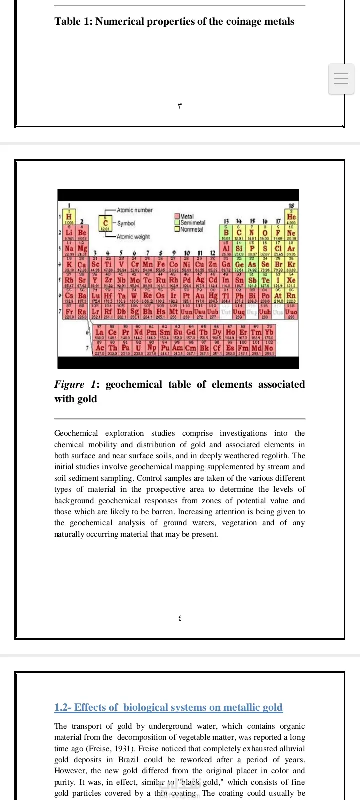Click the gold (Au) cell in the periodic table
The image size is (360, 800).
point(200,296)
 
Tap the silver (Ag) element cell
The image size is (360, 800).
point(200,280)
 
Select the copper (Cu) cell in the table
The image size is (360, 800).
point(200,264)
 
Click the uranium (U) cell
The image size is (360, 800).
point(138,347)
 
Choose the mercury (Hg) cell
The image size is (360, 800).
point(213,296)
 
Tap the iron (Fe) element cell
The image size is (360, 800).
point(161,264)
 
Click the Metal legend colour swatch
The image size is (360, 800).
point(177,216)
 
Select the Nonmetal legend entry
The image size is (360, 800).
point(191,229)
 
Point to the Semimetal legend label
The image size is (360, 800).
point(193,223)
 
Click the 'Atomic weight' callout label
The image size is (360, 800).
point(133,237)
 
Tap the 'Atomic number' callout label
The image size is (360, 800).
point(135,210)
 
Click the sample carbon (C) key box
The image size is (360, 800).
point(105,223)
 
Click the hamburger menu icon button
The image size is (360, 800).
point(341,79)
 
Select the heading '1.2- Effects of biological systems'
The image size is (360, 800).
point(168,707)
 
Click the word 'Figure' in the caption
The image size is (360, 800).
point(69,384)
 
